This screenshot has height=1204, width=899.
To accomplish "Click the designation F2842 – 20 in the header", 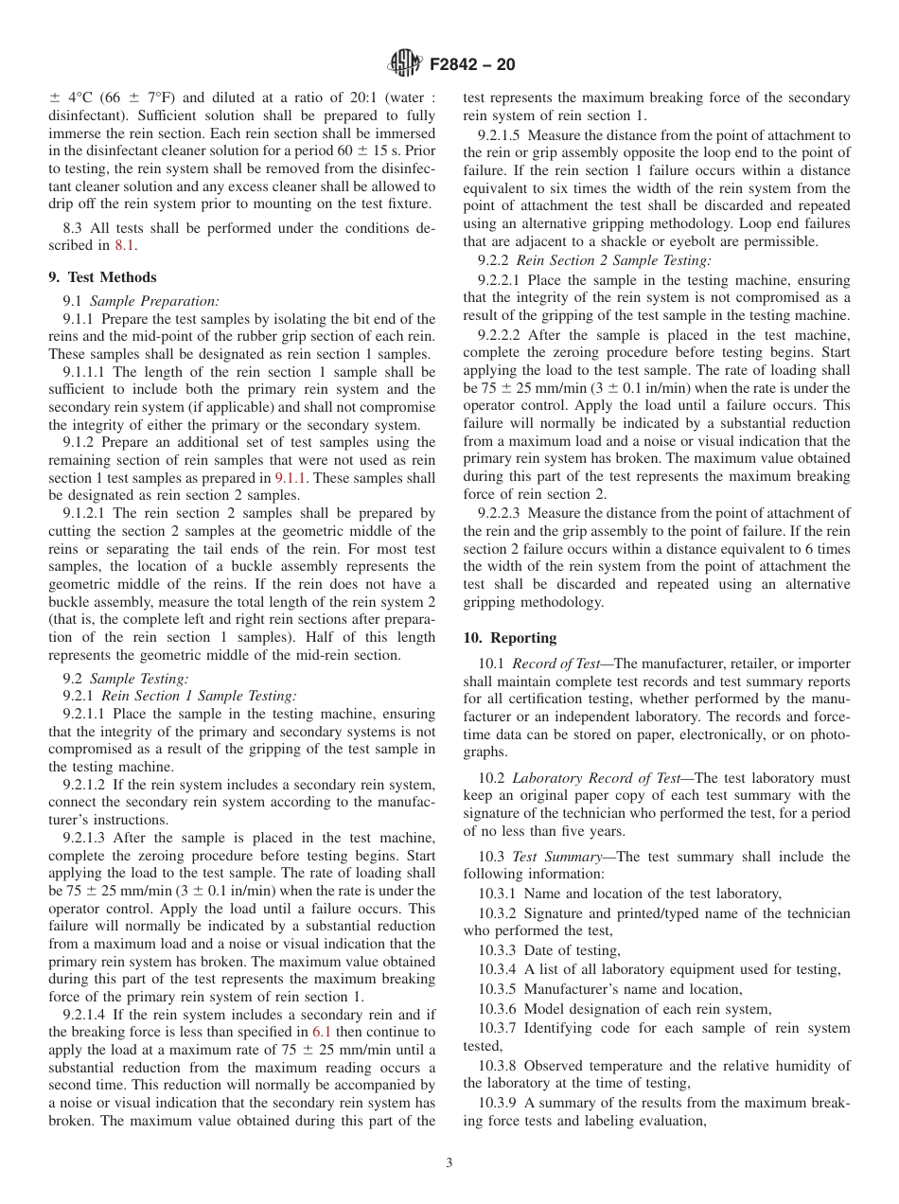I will (471, 65).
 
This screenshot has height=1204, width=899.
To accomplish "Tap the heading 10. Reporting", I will (510, 638).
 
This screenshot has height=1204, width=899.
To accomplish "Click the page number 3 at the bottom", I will (449, 1163).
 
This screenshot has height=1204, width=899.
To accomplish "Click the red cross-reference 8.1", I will (125, 245).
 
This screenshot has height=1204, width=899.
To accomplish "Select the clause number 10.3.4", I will (498, 969).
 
